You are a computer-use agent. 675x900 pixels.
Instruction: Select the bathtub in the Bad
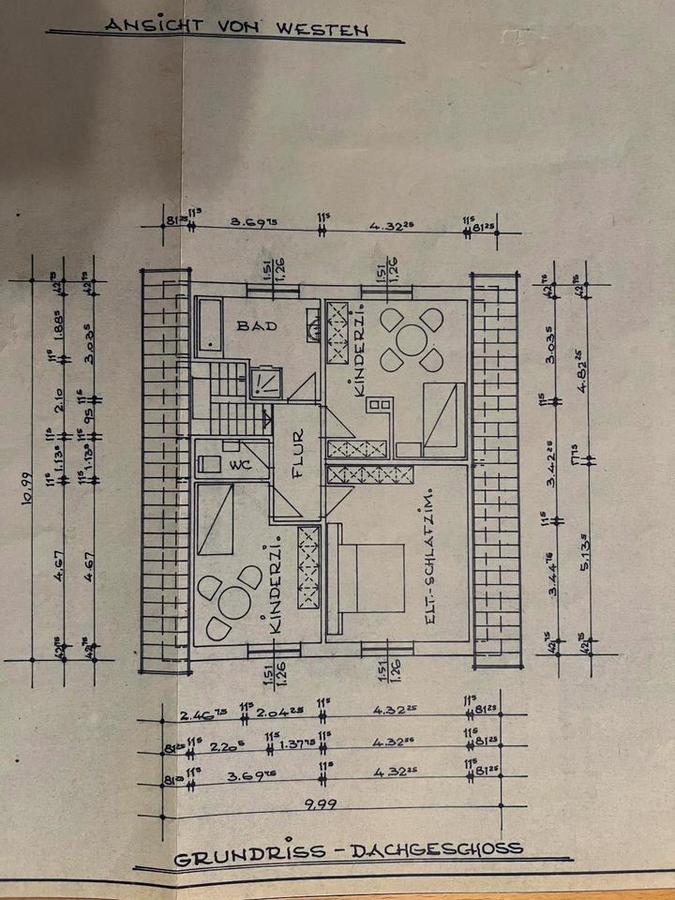click(x=208, y=326)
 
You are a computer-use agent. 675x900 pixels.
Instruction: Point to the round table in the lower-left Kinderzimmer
click(x=227, y=601)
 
